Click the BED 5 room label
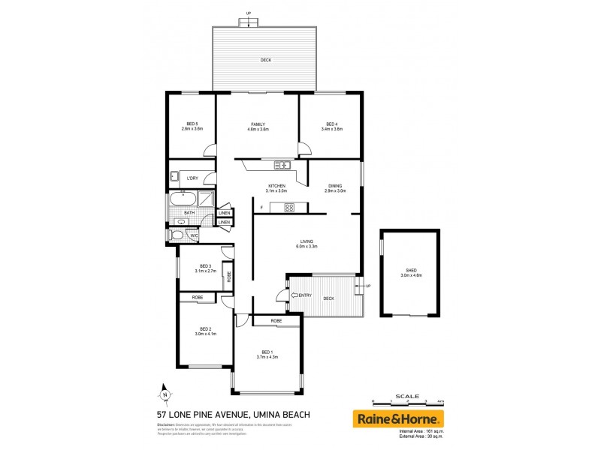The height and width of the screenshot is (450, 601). pyautogui.click(x=192, y=123)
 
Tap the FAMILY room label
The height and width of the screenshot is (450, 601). pyautogui.click(x=258, y=123)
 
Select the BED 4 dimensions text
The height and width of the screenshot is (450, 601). pyautogui.click(x=331, y=129)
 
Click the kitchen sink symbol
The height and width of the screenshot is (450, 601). pyautogui.click(x=282, y=165)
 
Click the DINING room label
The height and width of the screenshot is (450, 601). pyautogui.click(x=335, y=185)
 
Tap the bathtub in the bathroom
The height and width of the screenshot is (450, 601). pyautogui.click(x=183, y=199)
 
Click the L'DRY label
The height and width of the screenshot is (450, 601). pyautogui.click(x=192, y=178)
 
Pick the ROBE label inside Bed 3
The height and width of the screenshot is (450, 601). pyautogui.click(x=228, y=275)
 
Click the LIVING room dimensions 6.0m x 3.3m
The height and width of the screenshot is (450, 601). pyautogui.click(x=308, y=246)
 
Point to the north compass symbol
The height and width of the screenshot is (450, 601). pyautogui.click(x=164, y=392)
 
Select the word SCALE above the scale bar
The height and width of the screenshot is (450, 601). pyautogui.click(x=407, y=395)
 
